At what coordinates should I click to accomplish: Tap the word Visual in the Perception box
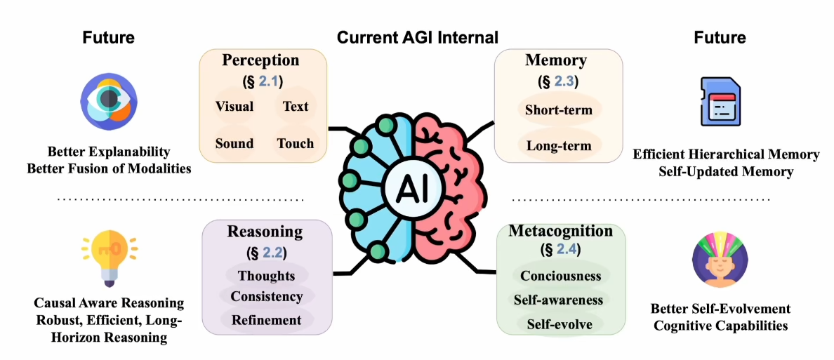pyautogui.click(x=234, y=107)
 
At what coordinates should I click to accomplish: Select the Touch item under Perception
pyautogui.click(x=295, y=143)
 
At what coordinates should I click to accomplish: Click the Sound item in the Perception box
pyautogui.click(x=234, y=143)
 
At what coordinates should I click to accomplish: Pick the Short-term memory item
pyautogui.click(x=559, y=109)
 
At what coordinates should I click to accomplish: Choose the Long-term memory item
pyautogui.click(x=559, y=146)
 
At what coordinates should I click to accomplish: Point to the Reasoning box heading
pyautogui.click(x=265, y=232)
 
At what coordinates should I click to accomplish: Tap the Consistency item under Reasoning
pyautogui.click(x=266, y=297)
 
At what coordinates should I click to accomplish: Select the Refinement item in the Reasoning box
pyautogui.click(x=266, y=320)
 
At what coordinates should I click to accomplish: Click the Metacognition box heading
pyautogui.click(x=560, y=231)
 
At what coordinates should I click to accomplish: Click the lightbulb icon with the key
pyautogui.click(x=109, y=258)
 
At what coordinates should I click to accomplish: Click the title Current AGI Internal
pyautogui.click(x=418, y=37)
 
